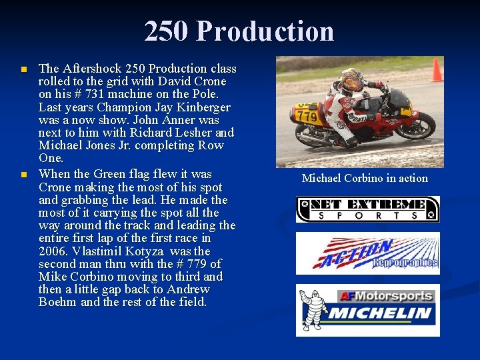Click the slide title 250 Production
(x=239, y=31)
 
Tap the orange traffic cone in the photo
(x=437, y=70)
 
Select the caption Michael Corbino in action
(x=365, y=178)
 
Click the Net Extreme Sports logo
(x=368, y=209)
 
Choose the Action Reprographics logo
(x=368, y=254)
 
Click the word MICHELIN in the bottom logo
(x=381, y=313)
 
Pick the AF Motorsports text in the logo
(x=387, y=296)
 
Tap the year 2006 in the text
(x=55, y=251)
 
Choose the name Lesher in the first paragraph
(x=194, y=133)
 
